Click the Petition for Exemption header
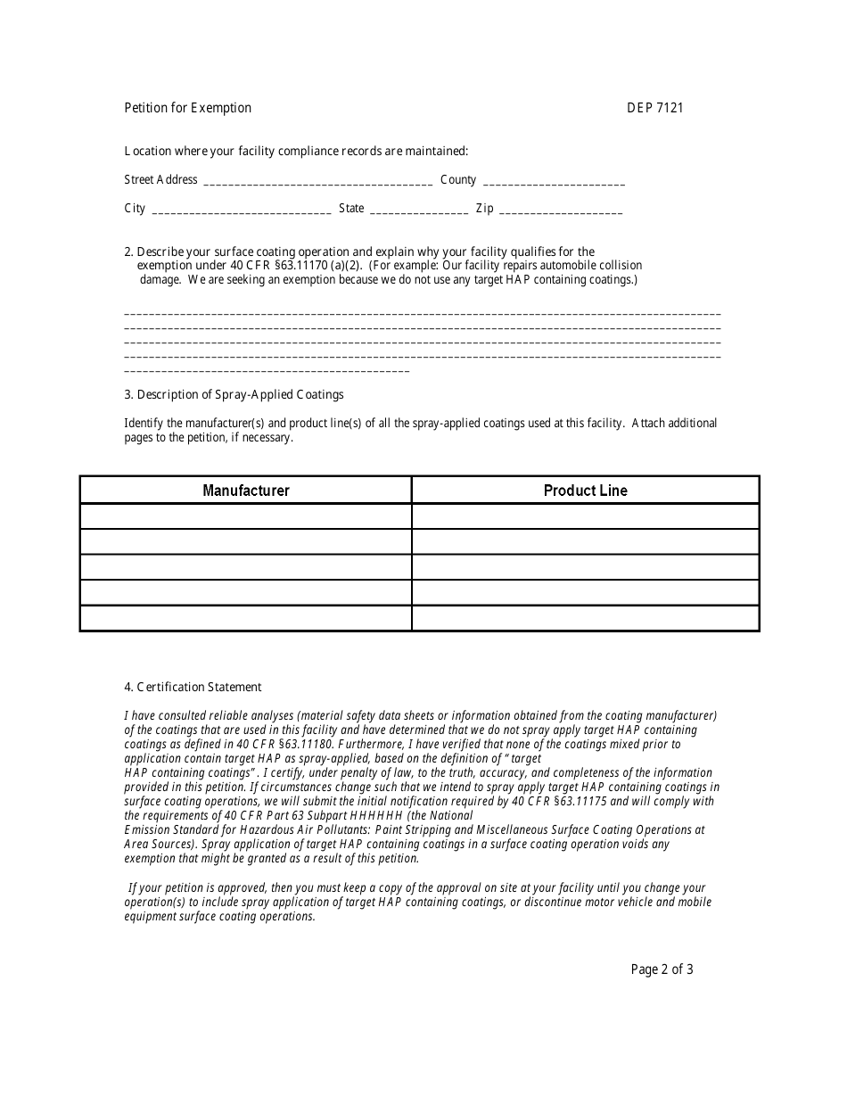[187, 108]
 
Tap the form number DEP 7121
[654, 108]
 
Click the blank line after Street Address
[318, 182]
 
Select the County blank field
[554, 182]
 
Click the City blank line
[242, 210]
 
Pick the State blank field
[418, 210]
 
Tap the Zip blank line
[561, 210]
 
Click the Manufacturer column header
[246, 491]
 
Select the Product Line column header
[586, 491]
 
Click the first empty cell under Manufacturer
[246, 516]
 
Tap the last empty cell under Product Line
[586, 618]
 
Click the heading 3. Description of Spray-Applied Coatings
[234, 394]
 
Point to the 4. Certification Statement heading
[193, 687]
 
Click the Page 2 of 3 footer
[662, 969]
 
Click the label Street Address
[160, 180]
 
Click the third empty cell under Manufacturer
[246, 567]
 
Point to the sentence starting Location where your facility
[296, 152]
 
